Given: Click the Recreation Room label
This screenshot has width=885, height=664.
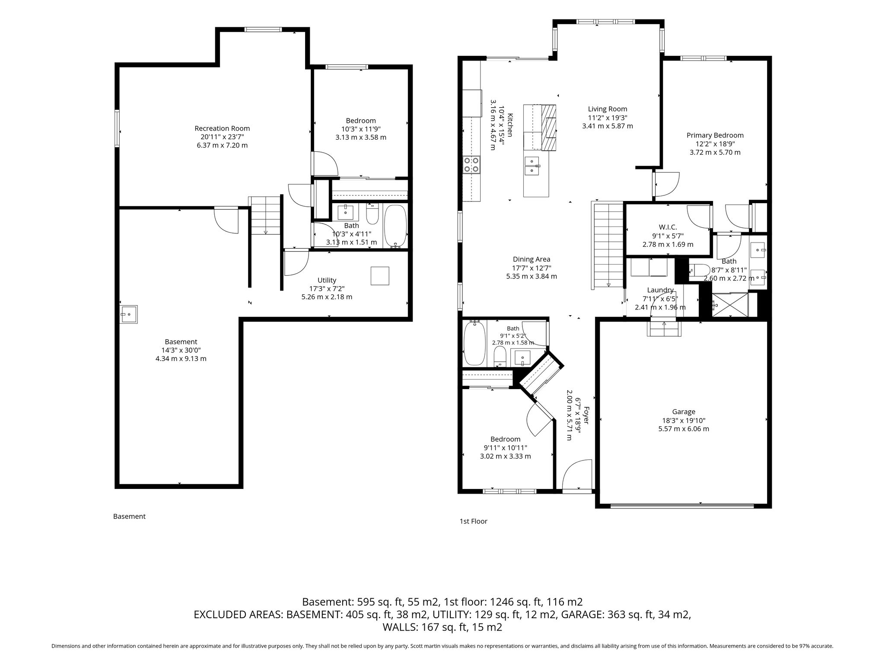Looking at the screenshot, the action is (222, 128).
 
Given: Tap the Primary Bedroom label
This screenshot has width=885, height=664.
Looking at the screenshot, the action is (715, 135).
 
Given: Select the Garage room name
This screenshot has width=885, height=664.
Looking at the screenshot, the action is (684, 412).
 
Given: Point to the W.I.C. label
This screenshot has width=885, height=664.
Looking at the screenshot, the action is (668, 227).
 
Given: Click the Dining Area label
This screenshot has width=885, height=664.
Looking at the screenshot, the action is (532, 259).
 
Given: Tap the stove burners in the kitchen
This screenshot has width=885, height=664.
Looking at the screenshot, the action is (471, 165).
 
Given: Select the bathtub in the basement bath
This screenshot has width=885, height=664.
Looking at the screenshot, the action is (395, 226).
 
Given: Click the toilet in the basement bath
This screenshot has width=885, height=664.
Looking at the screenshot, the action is (372, 214).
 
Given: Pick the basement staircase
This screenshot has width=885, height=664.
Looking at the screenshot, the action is (265, 215).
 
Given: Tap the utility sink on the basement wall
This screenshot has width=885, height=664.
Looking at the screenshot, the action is (129, 314).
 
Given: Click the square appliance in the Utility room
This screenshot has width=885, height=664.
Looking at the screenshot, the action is (380, 276).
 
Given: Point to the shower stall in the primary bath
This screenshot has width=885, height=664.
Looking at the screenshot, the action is (730, 305).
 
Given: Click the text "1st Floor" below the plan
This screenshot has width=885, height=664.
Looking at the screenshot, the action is (474, 521).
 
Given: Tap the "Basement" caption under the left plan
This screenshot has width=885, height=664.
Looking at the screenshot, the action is (129, 516).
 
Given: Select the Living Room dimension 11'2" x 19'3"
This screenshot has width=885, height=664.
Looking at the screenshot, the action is (608, 118).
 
